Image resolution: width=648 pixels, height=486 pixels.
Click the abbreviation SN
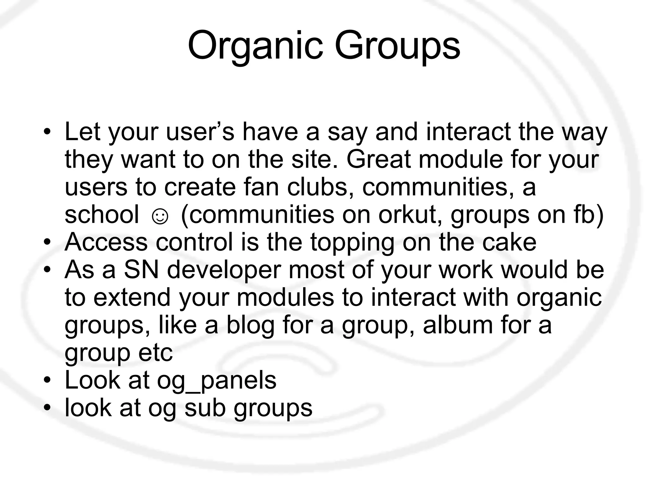[x=141, y=270]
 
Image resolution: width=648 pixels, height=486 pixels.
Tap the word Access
[x=106, y=242]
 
